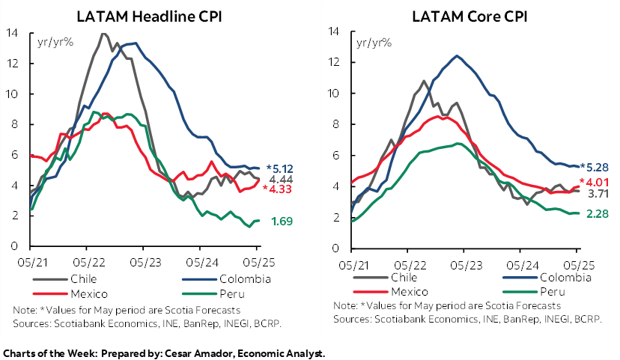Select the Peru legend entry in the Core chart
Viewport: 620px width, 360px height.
click(x=551, y=291)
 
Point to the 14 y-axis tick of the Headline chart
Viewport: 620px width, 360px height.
click(x=12, y=32)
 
